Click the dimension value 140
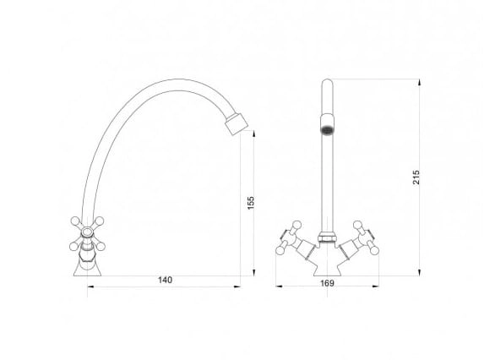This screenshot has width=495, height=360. coord(165,280)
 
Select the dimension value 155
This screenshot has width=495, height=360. coord(250,203)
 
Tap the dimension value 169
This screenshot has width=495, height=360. coord(327,283)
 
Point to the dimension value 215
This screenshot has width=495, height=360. coord(416,177)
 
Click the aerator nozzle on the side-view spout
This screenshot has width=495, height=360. coord(237,124)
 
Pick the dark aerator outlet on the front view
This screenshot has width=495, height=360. coord(327,130)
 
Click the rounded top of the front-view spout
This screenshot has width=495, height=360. coord(327,83)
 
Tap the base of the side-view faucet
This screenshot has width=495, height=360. coord(88,269)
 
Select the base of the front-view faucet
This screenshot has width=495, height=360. coord(327,269)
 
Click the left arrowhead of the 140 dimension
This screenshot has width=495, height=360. coord(90,286)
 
